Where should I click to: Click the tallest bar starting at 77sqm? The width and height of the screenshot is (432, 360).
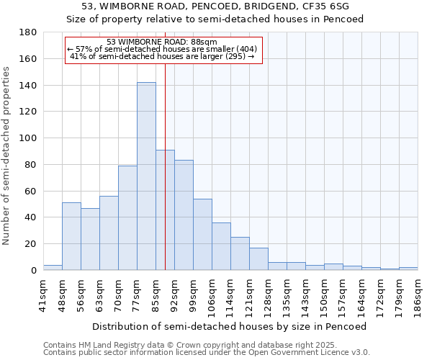coord(146,176)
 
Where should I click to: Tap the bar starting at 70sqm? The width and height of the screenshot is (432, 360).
coord(127,217)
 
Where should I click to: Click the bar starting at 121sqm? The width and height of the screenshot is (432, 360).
coord(258,258)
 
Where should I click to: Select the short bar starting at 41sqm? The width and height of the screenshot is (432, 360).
coord(53,268)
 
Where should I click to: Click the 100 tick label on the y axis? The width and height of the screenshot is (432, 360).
coord(30,138)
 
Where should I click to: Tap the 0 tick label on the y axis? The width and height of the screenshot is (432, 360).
coord(34,270)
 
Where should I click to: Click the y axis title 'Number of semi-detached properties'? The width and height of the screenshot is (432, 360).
coord(7,155)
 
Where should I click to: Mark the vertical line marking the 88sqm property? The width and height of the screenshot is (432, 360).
coord(165,180)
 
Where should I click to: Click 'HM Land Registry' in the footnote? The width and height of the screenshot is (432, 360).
coord(101,345)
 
